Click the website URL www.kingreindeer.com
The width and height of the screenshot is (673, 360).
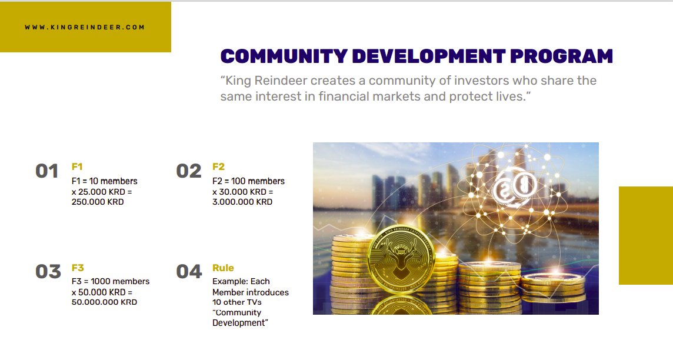(x=85, y=27)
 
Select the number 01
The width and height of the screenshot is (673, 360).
(x=47, y=171)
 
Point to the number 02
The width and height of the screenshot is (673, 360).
(x=189, y=171)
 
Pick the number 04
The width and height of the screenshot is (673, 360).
(x=189, y=272)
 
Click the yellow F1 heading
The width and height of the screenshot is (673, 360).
(x=77, y=166)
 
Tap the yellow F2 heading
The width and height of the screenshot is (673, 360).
(x=218, y=166)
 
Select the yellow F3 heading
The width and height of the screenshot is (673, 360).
(x=78, y=268)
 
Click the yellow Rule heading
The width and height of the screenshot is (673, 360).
(x=223, y=268)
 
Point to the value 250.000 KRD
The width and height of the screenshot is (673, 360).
(x=98, y=202)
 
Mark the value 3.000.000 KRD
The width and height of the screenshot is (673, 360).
(x=242, y=202)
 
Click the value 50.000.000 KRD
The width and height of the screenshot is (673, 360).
(x=104, y=302)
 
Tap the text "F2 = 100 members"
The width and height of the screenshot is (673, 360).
(x=248, y=181)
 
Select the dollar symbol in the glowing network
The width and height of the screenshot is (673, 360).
(x=505, y=189)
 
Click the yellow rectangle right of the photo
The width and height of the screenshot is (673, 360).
(x=645, y=235)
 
